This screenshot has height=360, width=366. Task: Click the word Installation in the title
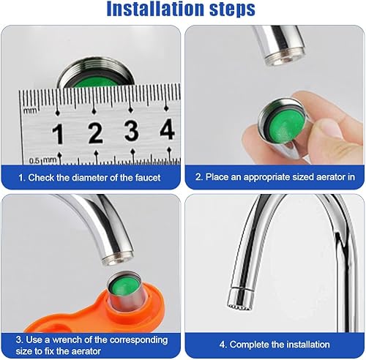[156, 9]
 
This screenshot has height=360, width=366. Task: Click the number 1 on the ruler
[58, 134]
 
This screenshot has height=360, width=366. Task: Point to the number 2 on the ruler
[95, 133]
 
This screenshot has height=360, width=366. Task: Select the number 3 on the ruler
[132, 131]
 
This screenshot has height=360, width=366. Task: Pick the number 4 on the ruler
[168, 130]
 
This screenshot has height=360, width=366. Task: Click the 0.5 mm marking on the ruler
[43, 161]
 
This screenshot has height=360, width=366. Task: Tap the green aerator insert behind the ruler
[97, 81]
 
